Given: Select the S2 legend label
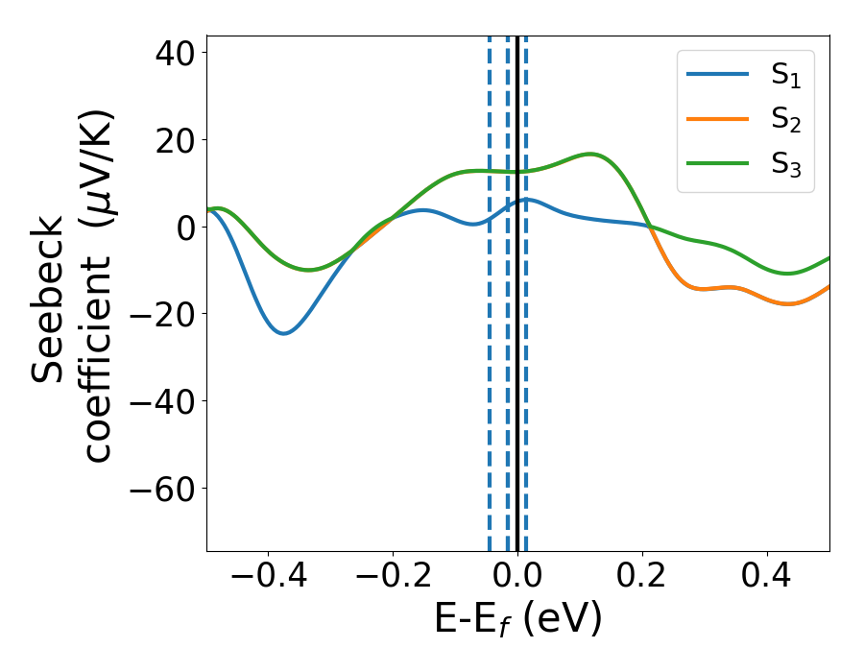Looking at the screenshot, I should (785, 121).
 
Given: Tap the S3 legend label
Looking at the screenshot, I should (785, 164).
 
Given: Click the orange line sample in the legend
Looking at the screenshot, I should (718, 119).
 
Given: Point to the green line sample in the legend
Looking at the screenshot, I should (718, 162).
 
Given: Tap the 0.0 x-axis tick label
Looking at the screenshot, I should (517, 578).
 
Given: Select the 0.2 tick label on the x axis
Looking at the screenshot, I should (642, 578).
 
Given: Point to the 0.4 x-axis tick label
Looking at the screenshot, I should (767, 578).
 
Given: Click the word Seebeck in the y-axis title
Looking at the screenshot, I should (48, 300).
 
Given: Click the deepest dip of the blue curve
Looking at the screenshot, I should (283, 333).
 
